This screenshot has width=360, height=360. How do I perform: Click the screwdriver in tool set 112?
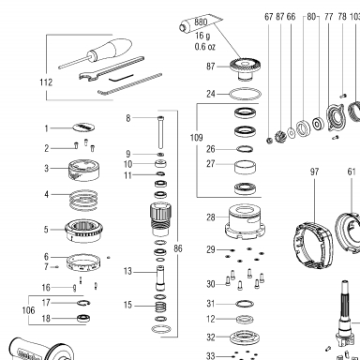pyautogui.click(x=94, y=53)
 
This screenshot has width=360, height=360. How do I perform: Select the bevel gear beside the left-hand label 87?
pyautogui.click(x=246, y=69)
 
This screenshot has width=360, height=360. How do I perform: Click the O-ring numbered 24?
pyautogui.click(x=246, y=94)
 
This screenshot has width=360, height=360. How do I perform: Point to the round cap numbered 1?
pyautogui.click(x=83, y=127)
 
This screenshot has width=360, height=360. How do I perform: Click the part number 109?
pyautogui.click(x=196, y=138)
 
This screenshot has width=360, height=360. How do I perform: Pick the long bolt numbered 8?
pyautogui.click(x=160, y=132)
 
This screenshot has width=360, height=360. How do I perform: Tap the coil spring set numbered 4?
pyautogui.click(x=83, y=200)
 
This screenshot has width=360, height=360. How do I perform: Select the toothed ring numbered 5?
pyautogui.click(x=83, y=231)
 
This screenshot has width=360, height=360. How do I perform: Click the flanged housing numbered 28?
pyautogui.click(x=246, y=221)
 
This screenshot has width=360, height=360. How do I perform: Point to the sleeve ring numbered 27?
pyautogui.click(x=245, y=167)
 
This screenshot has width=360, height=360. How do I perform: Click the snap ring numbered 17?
pyautogui.click(x=83, y=303)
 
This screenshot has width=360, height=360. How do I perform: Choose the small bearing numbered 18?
pyautogui.click(x=83, y=318)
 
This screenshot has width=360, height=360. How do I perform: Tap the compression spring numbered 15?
pyautogui.click(x=160, y=307)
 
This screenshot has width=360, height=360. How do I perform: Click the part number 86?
pyautogui.click(x=178, y=248)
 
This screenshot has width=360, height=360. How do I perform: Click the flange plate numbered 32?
pyautogui.click(x=245, y=337)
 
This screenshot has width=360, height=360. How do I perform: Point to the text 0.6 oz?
pyautogui.click(x=205, y=47)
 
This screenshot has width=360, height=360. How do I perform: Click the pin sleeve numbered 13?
pyautogui.click(x=160, y=277)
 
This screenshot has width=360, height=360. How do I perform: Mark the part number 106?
pyautogui.click(x=28, y=310)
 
